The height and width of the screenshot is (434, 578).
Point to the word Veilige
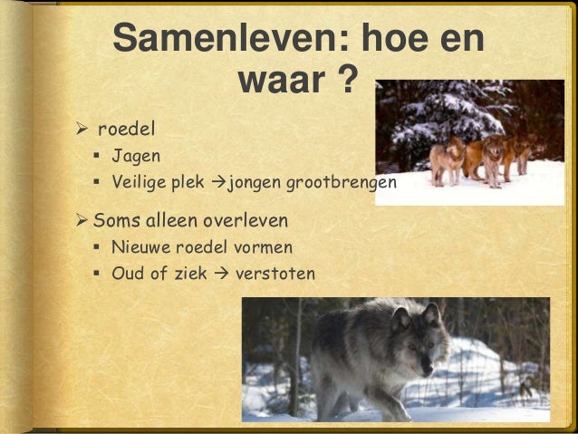(141, 184)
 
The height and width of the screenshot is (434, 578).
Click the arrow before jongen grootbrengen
(217, 184)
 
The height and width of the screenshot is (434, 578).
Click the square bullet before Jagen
(95, 156)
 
